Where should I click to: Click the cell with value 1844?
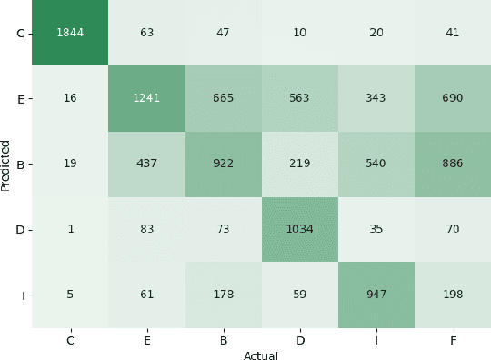point(70,34)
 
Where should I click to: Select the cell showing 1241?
point(146,98)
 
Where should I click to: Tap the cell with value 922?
point(223,164)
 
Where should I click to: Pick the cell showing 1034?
point(299,229)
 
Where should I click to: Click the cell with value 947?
point(376,294)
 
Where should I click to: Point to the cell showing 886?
point(452,164)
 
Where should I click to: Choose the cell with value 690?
point(452,98)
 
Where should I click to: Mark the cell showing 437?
point(146,164)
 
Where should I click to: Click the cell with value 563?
point(299,98)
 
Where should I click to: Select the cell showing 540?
point(376,164)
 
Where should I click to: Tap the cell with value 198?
point(452,294)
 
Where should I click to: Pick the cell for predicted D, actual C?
point(70,229)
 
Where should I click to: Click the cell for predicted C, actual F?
point(452,34)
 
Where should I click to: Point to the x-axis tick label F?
point(452,340)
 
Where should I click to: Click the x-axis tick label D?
point(299,340)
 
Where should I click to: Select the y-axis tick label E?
point(20,98)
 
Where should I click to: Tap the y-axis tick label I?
point(20,294)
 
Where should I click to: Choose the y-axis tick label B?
point(20,164)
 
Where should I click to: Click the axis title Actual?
point(261,355)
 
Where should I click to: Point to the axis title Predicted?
point(6,164)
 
